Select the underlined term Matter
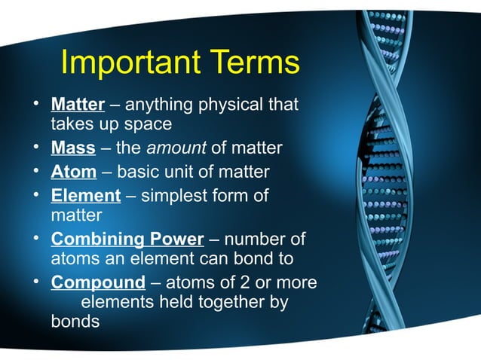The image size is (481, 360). point(77,103)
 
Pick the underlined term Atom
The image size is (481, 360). point(73,172)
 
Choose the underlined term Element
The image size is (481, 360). point(85,196)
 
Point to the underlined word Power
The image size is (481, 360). point(175,240)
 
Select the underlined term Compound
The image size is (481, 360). point(97,283)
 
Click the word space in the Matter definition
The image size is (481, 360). point(150,123)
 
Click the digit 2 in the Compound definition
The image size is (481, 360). point(250,283)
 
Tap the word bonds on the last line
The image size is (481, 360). point(75,322)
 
